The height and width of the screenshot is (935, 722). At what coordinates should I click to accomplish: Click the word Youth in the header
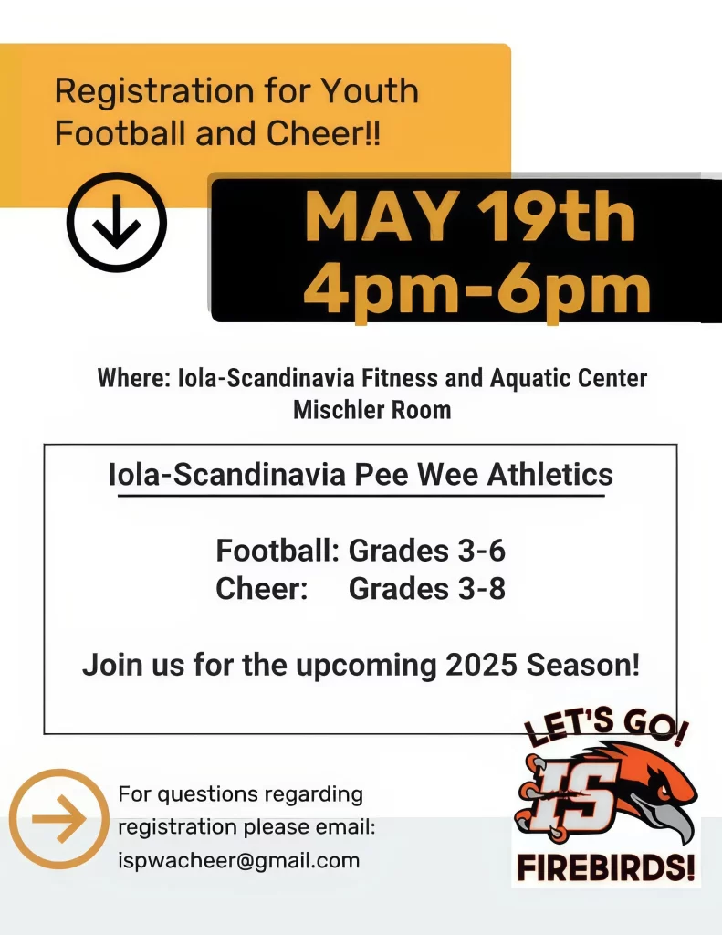[x=371, y=90]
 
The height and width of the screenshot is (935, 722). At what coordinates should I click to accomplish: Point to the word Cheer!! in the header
[x=322, y=133]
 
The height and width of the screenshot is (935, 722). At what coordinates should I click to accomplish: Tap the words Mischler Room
[x=372, y=410]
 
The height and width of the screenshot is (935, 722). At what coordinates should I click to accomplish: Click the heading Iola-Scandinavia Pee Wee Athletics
[x=361, y=475]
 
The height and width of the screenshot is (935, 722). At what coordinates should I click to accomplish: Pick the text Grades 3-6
[x=427, y=551]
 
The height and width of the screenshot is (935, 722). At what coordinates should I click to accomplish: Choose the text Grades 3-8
[x=427, y=589]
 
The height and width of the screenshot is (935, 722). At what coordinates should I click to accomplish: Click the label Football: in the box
[x=277, y=551]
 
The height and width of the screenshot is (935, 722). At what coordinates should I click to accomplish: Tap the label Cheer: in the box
[x=262, y=589]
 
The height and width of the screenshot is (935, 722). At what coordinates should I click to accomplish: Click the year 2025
[x=481, y=665]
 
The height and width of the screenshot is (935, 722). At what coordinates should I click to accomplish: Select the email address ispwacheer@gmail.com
[x=239, y=861]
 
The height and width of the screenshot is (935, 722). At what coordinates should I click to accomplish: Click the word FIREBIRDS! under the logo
[x=606, y=867]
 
